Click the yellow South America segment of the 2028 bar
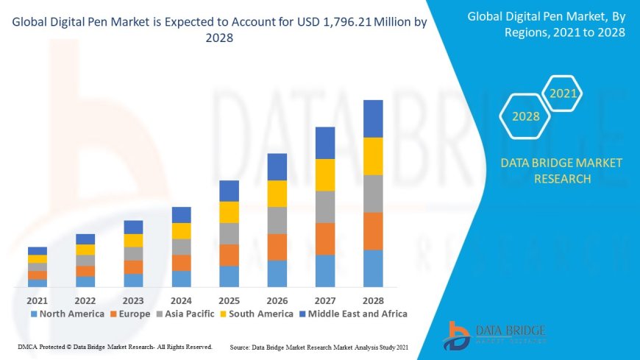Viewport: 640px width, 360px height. (x=373, y=156)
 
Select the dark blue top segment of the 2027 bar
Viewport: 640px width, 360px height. (x=325, y=143)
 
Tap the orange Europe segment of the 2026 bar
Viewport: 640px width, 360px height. (x=277, y=247)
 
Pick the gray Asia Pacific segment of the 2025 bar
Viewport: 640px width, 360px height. (x=229, y=233)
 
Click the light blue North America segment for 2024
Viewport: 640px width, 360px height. (x=181, y=278)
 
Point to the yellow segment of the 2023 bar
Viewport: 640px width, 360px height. (x=133, y=240)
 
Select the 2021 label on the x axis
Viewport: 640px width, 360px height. (x=38, y=300)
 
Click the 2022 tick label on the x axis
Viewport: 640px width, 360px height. (x=85, y=300)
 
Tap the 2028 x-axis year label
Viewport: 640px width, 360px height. (x=373, y=300)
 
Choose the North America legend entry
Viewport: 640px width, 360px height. (x=67, y=314)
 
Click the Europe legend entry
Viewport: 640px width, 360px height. (x=130, y=314)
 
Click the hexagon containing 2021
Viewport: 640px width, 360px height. (x=563, y=93)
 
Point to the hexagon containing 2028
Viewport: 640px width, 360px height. (x=526, y=116)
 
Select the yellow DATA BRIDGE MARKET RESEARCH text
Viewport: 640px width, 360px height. (x=561, y=170)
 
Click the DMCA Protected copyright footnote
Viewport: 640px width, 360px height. (x=114, y=346)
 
